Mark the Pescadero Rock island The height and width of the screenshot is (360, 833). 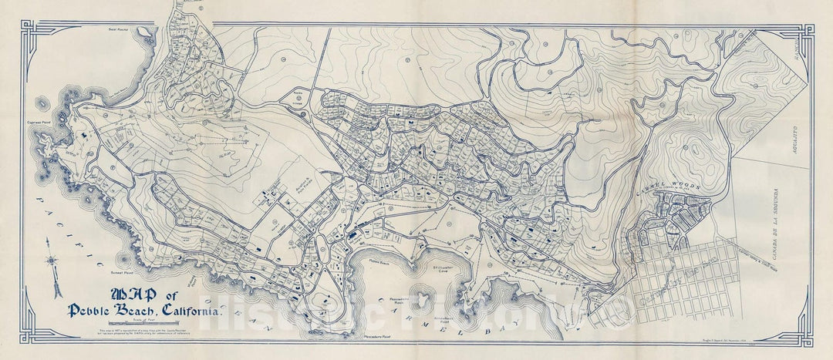click(420, 296)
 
